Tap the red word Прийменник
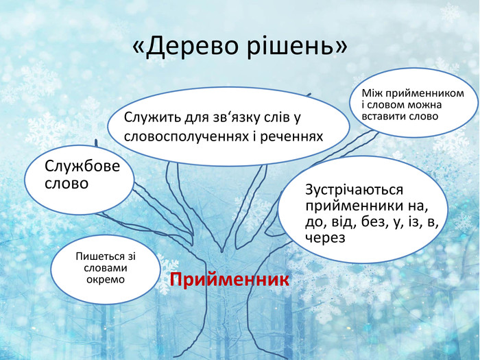[230, 280]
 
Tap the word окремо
[106, 279]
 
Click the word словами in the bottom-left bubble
[106, 268]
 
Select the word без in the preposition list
[368, 221]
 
